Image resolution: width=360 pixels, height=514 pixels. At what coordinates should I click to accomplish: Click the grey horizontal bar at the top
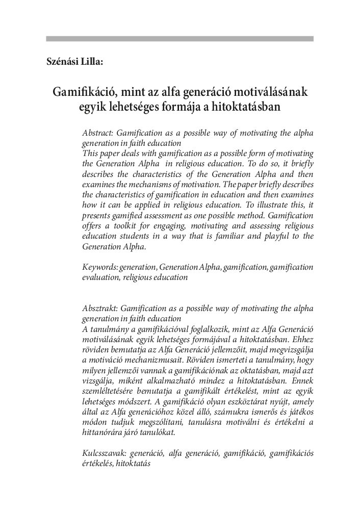pos(179,38)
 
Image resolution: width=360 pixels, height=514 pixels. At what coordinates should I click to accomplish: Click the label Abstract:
pos(97,133)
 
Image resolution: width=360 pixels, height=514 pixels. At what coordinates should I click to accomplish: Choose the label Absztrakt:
pos(98,309)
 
